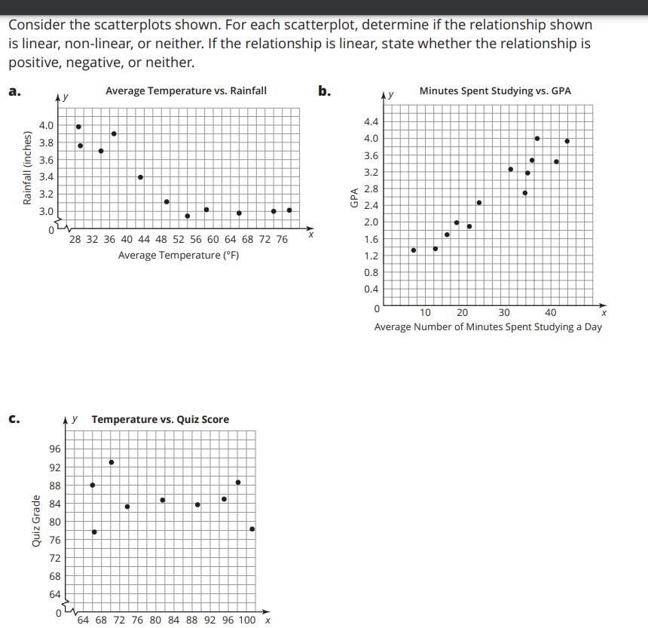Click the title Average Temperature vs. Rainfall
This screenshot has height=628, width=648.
click(185, 91)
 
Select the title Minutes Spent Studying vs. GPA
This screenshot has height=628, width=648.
click(495, 91)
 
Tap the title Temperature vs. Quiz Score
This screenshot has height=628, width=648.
click(160, 419)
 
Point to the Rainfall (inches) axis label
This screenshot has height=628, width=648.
click(28, 168)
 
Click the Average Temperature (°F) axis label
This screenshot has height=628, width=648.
click(179, 255)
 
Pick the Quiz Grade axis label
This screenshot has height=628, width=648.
click(36, 521)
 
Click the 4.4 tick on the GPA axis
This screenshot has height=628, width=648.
click(371, 121)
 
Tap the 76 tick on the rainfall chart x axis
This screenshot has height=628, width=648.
click(281, 239)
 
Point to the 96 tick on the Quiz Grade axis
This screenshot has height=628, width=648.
click(56, 449)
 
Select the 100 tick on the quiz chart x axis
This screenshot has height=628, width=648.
click(246, 620)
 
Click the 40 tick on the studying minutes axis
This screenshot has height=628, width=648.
click(551, 312)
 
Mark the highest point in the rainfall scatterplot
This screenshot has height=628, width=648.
click(78, 127)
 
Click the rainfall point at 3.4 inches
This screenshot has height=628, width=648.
click(140, 177)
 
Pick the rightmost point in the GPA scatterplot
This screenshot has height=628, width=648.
click(567, 141)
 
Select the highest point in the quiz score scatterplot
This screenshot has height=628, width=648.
click(112, 462)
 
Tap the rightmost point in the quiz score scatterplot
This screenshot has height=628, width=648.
click(252, 529)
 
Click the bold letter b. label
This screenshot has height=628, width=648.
click(323, 92)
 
